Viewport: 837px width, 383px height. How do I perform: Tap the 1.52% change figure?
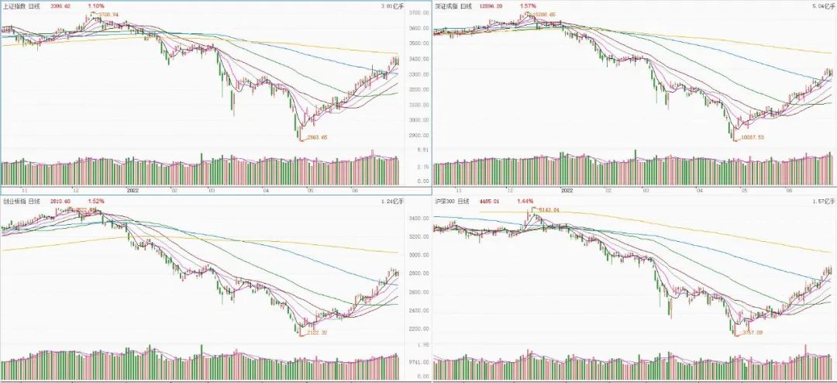96,201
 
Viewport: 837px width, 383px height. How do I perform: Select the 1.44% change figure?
526,201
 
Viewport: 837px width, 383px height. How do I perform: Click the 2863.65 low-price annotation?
318,136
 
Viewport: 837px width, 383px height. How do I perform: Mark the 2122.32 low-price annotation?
317,332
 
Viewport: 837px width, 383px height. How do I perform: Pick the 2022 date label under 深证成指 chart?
567,189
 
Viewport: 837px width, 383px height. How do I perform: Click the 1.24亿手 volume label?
388,202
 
